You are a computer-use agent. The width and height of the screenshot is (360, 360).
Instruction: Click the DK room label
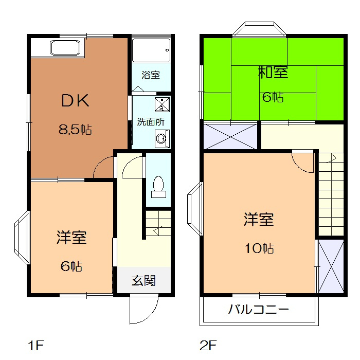75,101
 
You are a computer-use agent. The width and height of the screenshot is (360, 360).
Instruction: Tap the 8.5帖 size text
75,129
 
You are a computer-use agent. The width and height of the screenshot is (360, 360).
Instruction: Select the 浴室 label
151,75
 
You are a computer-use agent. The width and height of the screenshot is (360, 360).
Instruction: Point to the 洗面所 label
151,122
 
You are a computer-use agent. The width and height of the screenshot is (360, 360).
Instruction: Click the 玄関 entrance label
143,281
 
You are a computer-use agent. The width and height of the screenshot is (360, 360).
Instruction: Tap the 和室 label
273,72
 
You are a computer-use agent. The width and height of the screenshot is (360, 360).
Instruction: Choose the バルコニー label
259,309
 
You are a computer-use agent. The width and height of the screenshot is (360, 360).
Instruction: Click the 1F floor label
35,345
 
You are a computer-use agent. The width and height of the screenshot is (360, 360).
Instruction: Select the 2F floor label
208,345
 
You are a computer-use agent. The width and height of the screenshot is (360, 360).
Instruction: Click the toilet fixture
158,187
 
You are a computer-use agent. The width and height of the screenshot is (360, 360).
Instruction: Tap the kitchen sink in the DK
65,48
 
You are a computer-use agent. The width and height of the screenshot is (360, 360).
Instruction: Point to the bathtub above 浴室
151,50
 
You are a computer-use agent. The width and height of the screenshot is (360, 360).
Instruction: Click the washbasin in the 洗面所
162,139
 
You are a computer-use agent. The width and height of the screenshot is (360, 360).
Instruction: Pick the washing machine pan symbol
162,105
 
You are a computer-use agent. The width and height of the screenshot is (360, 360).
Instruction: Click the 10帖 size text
259,248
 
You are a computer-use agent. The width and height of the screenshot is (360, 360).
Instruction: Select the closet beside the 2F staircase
331,266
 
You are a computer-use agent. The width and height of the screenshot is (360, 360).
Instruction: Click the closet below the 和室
230,137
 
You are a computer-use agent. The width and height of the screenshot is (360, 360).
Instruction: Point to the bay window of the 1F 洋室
22,238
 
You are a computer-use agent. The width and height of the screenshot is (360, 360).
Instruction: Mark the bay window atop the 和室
259,29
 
